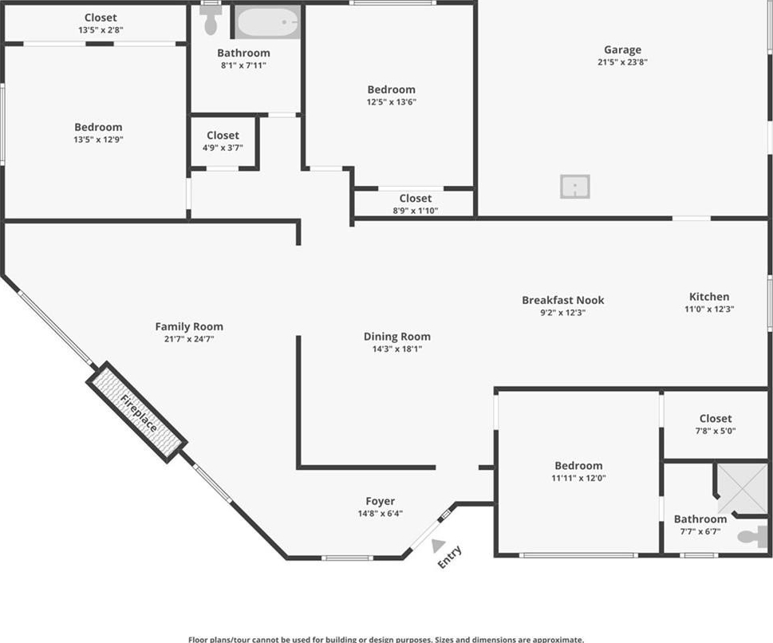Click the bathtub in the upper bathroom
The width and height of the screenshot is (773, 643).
click(x=267, y=22)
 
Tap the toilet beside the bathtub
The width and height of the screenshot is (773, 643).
click(x=211, y=20)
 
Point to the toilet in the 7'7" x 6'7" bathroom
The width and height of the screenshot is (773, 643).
click(x=752, y=536)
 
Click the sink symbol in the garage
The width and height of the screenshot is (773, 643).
click(x=575, y=187)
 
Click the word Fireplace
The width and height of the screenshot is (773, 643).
click(x=139, y=413)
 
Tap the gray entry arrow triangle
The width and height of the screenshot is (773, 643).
click(x=438, y=546)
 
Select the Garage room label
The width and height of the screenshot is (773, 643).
click(x=623, y=49)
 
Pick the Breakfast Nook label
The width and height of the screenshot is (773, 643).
click(x=563, y=300)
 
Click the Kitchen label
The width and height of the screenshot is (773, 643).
click(x=709, y=296)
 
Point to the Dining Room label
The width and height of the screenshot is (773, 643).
click(x=396, y=337)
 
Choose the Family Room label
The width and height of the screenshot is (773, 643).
click(x=189, y=326)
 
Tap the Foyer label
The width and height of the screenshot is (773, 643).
click(x=380, y=501)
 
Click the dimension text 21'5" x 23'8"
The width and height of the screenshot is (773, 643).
click(x=623, y=62)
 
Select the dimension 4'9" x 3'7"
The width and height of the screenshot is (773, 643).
click(x=223, y=148)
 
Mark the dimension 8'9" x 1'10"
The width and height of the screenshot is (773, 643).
click(x=416, y=211)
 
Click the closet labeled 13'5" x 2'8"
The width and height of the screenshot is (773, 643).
click(x=101, y=23)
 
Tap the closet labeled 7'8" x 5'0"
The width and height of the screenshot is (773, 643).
click(x=716, y=424)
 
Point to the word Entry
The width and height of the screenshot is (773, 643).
click(x=450, y=557)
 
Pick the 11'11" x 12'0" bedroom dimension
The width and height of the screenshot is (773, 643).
click(x=579, y=478)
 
